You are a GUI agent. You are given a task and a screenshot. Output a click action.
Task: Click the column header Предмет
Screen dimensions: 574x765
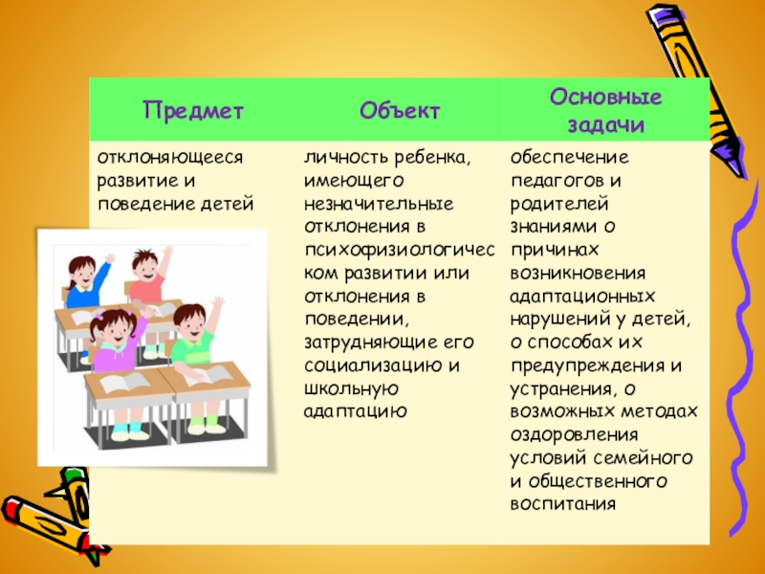pyautogui.click(x=194, y=110)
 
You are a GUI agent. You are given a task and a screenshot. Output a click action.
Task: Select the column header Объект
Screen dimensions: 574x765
pyautogui.click(x=400, y=110)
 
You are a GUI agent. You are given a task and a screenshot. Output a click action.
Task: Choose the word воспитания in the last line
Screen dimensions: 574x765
pyautogui.click(x=562, y=503)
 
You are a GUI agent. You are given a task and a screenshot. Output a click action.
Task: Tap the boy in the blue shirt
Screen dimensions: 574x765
pyautogui.click(x=89, y=277)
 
